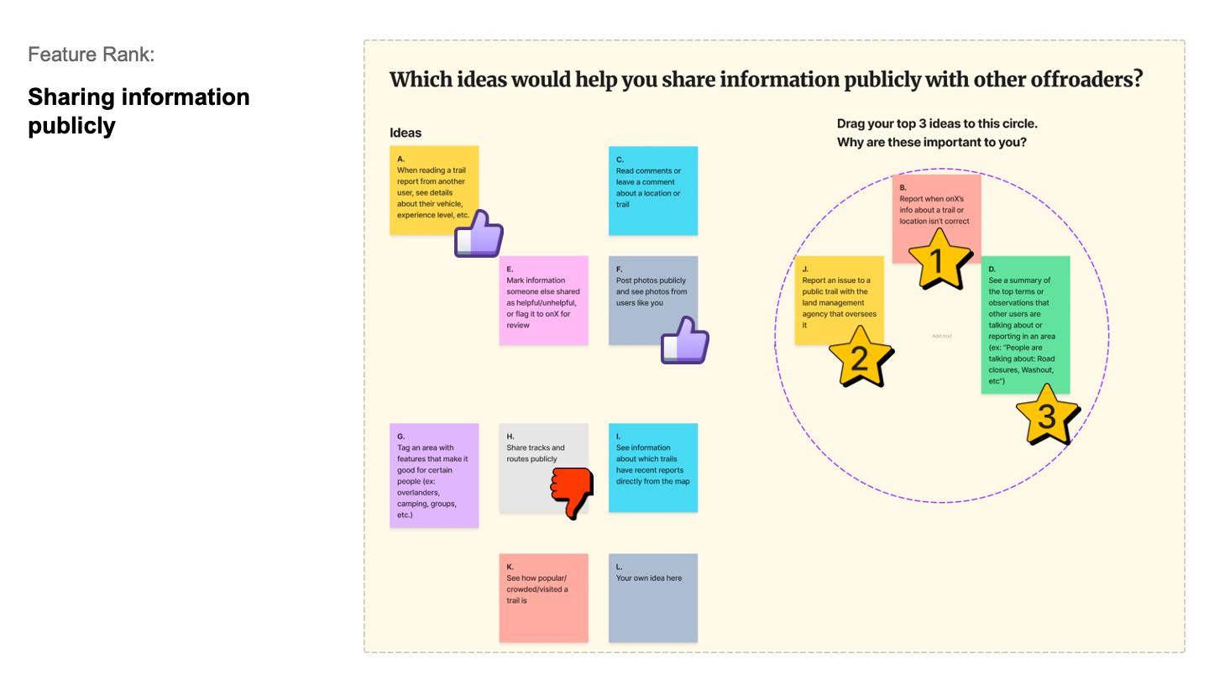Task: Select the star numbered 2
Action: coord(860,359)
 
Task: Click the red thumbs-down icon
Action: coord(571,490)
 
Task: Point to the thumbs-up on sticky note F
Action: coord(685,341)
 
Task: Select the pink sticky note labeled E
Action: coord(543,301)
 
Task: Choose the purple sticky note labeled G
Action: coord(434,475)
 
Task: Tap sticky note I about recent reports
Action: coord(652,468)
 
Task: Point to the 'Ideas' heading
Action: coord(406,133)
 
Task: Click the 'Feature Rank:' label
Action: coord(91,55)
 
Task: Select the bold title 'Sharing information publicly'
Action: coord(139,111)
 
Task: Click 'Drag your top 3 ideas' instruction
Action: coord(937,124)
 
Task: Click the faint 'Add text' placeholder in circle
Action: coord(941,336)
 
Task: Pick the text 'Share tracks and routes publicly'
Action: coord(536,453)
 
